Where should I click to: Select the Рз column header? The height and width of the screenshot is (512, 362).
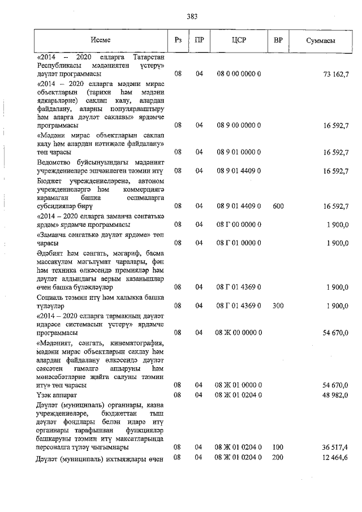[178, 41]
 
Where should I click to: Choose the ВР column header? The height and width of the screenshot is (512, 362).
[278, 41]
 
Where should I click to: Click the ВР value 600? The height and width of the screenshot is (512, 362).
[278, 206]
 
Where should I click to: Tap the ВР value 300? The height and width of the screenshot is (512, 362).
[278, 306]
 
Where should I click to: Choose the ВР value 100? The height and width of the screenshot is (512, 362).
[278, 448]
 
